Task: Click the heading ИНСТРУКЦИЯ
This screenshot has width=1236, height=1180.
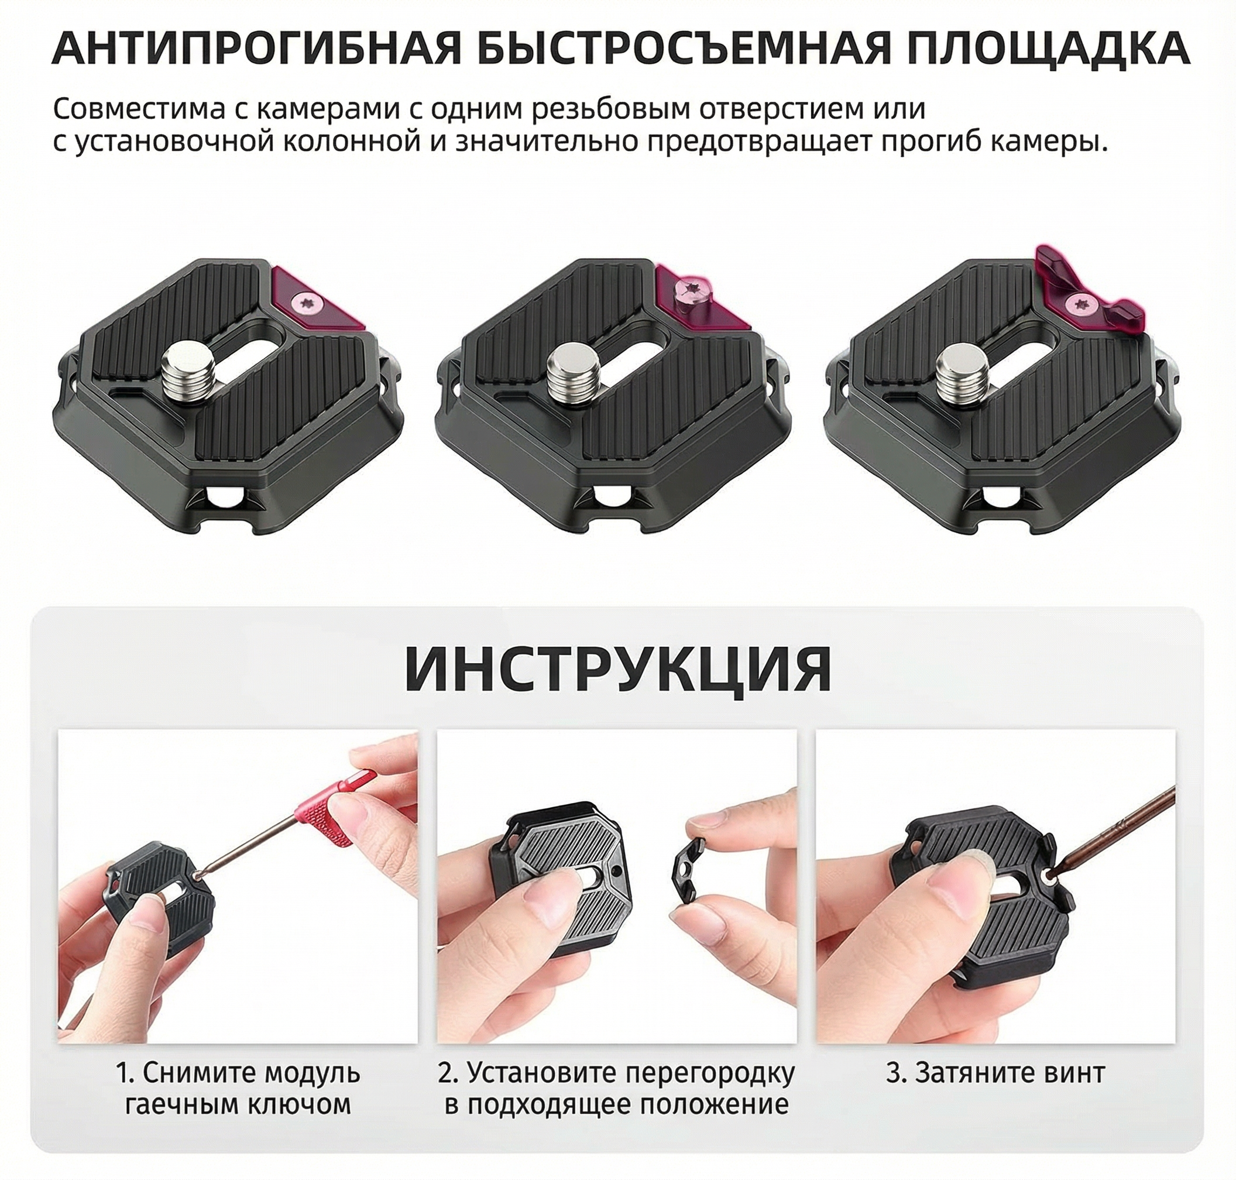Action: pos(619,668)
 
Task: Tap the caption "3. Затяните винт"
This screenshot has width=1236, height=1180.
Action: pos(995,1073)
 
